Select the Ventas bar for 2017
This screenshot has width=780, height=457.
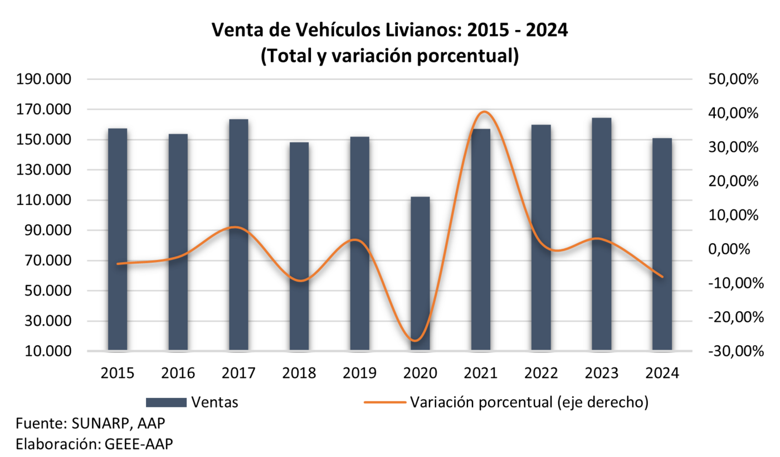[238, 234]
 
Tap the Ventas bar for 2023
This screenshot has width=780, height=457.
[602, 234]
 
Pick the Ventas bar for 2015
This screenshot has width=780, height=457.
[118, 239]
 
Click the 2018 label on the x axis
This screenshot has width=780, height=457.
[299, 372]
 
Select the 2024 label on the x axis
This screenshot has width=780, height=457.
[662, 372]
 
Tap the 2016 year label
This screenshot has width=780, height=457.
[178, 372]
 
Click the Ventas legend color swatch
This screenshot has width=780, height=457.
[166, 402]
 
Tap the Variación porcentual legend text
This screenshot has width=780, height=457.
[529, 402]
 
